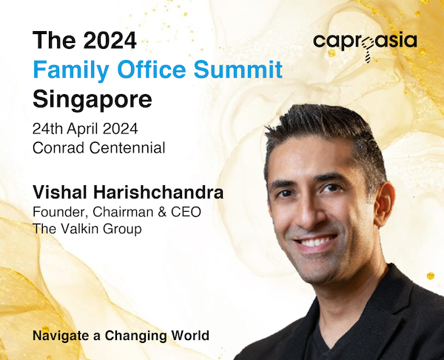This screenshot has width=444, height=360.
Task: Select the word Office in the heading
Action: [152, 69]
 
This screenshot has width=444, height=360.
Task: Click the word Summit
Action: [238, 69]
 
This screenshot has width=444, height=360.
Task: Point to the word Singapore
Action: [92, 100]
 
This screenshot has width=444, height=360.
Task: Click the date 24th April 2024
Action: [85, 129]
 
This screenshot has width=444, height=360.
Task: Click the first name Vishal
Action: [60, 192]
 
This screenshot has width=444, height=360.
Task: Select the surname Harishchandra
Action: [158, 192]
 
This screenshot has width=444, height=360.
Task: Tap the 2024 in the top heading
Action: [110, 41]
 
